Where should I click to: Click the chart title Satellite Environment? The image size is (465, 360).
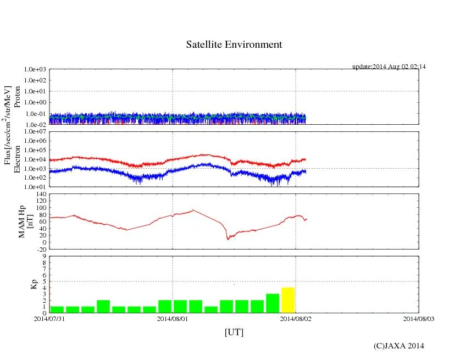[234, 45]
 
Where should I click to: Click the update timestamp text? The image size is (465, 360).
[389, 67]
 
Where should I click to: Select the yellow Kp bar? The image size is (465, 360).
[288, 300]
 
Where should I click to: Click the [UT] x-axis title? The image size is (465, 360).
[234, 332]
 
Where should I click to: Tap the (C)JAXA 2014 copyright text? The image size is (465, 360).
[398, 346]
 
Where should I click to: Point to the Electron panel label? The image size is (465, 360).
[17, 159]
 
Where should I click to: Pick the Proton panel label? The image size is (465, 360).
[17, 97]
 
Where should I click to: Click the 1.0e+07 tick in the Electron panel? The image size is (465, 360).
[35, 132]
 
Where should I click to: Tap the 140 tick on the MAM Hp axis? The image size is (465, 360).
[41, 195]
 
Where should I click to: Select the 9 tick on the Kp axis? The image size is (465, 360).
[44, 256]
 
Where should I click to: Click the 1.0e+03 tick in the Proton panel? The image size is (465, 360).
[35, 70]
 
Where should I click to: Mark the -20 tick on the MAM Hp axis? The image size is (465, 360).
[41, 249]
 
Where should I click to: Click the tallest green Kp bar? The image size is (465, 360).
[273, 303]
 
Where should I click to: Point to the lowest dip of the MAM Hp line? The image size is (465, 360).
[228, 239]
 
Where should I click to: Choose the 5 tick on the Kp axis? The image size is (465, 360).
[44, 281]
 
